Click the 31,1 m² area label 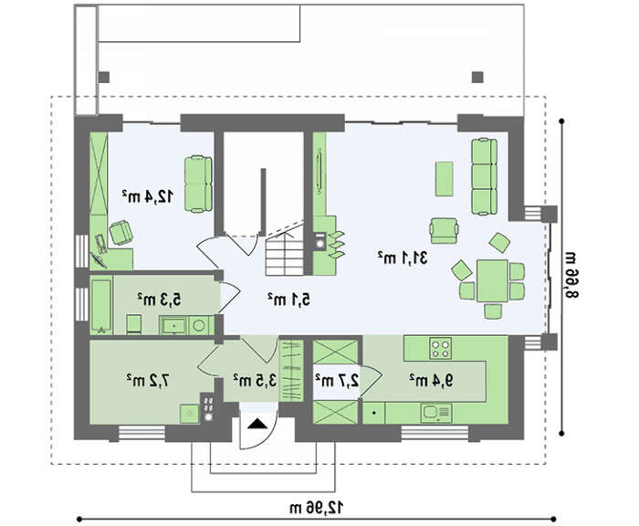[402, 258]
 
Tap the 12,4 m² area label [148, 196]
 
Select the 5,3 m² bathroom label [159, 300]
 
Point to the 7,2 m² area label [148, 381]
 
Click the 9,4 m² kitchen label [431, 381]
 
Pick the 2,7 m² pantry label [337, 381]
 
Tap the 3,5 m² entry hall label [255, 381]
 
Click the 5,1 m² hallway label [288, 300]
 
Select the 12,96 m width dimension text [316, 508]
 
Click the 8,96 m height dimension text [571, 275]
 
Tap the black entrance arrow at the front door [257, 424]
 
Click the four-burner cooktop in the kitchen [441, 348]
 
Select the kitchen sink [436, 413]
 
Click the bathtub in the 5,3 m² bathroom [100, 305]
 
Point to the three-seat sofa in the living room [485, 176]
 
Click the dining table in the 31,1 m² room [492, 281]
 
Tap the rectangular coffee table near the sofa [445, 179]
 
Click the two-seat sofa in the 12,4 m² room [198, 184]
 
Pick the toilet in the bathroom [133, 324]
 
